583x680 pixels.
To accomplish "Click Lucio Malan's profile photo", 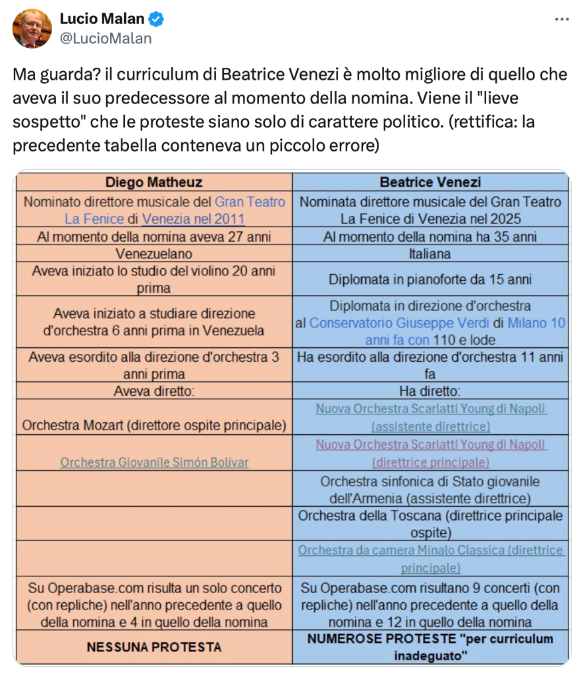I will [x=32, y=28].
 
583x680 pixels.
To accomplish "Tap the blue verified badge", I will [x=157, y=19].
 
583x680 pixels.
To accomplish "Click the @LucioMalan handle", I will [x=106, y=39].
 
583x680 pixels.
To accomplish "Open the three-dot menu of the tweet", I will [x=562, y=19].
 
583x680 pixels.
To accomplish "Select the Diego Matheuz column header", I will [x=153, y=182].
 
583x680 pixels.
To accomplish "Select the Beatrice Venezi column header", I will [x=430, y=182].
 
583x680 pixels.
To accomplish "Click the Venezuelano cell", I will [x=153, y=254].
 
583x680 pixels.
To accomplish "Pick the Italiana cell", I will [x=430, y=254].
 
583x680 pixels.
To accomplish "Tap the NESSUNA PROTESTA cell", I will [x=153, y=646].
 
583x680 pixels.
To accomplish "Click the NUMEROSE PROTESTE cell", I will [x=430, y=646].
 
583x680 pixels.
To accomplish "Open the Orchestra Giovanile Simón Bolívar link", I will [x=154, y=462].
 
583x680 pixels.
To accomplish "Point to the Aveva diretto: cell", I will [x=153, y=391].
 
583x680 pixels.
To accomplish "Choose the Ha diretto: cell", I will [x=430, y=391].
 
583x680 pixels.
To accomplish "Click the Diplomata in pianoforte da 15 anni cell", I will [x=430, y=280].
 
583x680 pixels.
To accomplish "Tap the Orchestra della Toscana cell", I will [x=430, y=523].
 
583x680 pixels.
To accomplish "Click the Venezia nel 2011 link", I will [x=193, y=219].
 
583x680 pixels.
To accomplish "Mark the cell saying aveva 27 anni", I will [x=153, y=236].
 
